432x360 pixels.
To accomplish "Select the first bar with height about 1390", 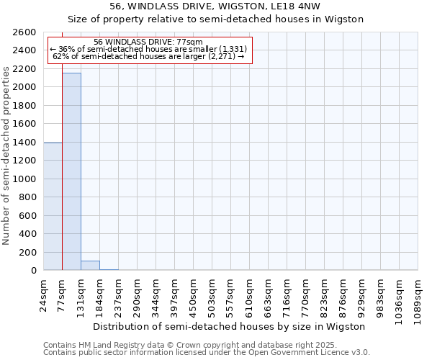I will coord(53,206).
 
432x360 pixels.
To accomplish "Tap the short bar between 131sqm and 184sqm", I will coord(90,266).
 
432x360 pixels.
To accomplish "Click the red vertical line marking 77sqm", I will coord(62,180).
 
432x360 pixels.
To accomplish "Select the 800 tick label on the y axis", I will coord(28,197).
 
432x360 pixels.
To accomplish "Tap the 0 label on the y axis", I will coord(33,271).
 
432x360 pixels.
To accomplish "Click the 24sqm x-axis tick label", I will coord(44,294).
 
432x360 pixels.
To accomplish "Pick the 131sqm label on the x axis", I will coord(81,296).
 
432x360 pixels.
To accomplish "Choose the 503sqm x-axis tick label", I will coord(212,296).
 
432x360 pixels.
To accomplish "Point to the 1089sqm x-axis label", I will coord(418,298).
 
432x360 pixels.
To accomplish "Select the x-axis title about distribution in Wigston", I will coord(230,326).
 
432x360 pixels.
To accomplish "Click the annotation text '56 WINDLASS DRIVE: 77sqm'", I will coord(148,42).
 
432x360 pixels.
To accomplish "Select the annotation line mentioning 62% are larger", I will coord(148,56).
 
